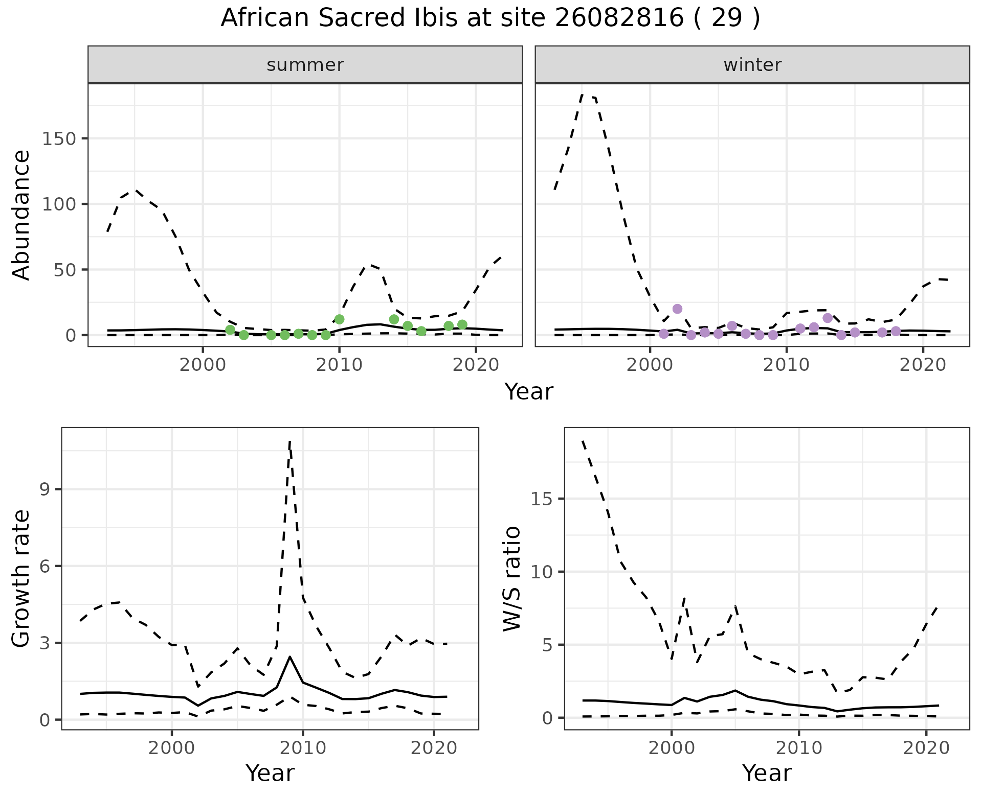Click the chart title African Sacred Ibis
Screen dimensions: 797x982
(x=490, y=18)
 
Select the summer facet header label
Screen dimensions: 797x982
(x=305, y=65)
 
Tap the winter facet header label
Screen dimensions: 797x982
(x=752, y=65)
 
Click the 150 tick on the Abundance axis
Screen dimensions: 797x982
(x=59, y=139)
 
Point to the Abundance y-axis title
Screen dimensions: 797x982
(x=21, y=215)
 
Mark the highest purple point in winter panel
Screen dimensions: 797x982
(x=677, y=309)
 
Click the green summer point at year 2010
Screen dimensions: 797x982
(x=339, y=319)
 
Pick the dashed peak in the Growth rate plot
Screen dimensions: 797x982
(x=290, y=441)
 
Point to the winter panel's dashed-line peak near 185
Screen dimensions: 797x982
(x=583, y=95)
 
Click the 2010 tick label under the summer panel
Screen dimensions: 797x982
(x=339, y=366)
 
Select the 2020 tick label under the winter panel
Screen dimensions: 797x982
(x=923, y=366)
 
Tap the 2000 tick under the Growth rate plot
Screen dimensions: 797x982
(x=172, y=748)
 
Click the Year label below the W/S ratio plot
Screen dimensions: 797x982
(x=767, y=773)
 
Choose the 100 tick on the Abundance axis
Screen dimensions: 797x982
(x=59, y=204)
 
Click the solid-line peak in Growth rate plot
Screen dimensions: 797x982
(x=290, y=657)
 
